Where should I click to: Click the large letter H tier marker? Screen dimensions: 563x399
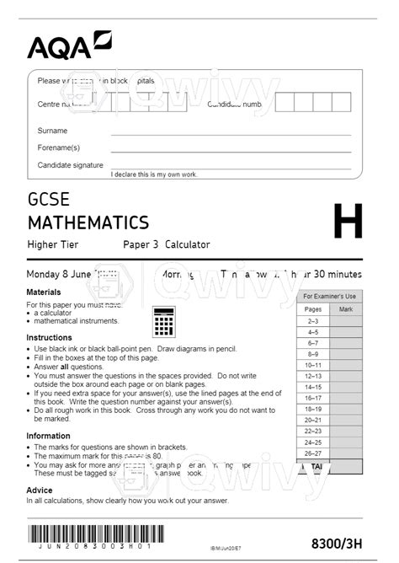348,223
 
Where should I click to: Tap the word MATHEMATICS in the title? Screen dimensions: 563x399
88,223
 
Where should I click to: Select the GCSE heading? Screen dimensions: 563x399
49,201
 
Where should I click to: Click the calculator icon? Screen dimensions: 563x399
163,320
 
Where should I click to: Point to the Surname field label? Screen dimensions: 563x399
52,131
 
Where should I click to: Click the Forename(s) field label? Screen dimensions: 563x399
58,147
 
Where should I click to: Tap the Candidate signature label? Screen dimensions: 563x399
70,165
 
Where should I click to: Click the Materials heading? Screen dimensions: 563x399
44,292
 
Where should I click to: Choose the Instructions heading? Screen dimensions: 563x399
49,337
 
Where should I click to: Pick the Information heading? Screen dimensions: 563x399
48,436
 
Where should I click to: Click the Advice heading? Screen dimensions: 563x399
40,489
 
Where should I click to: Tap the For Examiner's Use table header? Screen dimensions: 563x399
329,297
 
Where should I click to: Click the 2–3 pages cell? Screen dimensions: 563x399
312,321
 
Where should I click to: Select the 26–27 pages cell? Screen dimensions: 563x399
312,453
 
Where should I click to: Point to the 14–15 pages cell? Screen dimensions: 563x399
312,387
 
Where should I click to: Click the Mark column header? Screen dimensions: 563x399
345,309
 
